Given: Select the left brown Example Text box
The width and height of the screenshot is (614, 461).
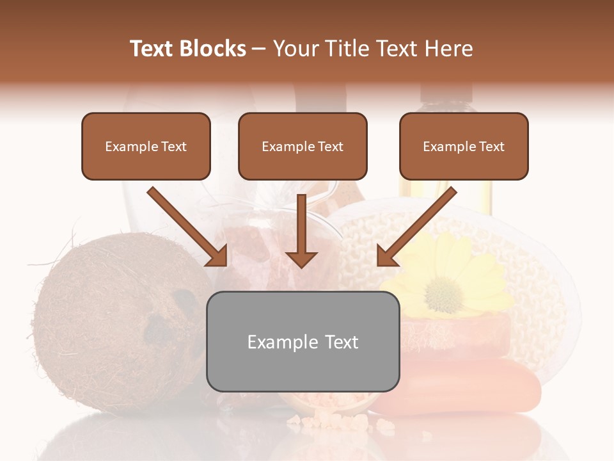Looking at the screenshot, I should (146, 147).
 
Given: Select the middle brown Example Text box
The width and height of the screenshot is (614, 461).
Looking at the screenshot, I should (303, 147).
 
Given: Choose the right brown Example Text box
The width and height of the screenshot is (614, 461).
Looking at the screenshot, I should (464, 147).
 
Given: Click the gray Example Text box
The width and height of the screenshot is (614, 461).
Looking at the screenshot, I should (303, 341).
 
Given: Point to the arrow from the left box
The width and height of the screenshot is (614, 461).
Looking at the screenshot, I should (185, 225).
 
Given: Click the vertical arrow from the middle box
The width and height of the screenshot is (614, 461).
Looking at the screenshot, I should (301, 230).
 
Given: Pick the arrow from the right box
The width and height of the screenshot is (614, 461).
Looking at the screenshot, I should (418, 225).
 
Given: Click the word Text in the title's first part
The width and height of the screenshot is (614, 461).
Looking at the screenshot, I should (152, 49).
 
